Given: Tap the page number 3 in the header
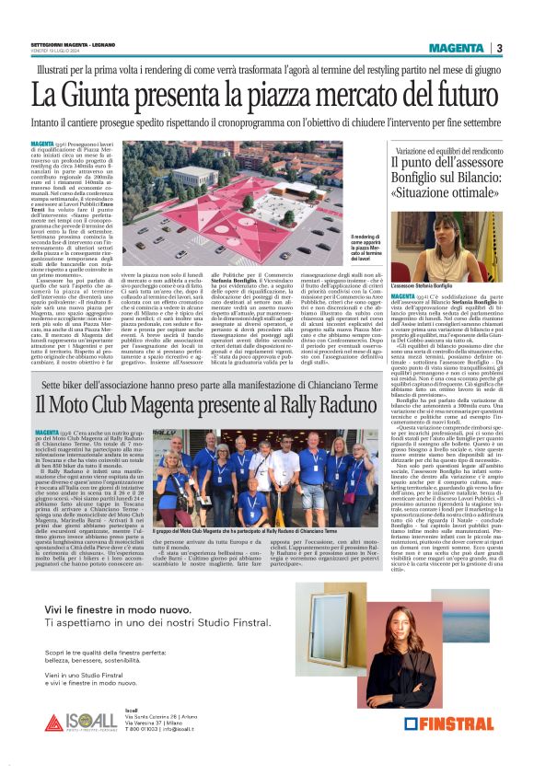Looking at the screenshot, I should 498,49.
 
